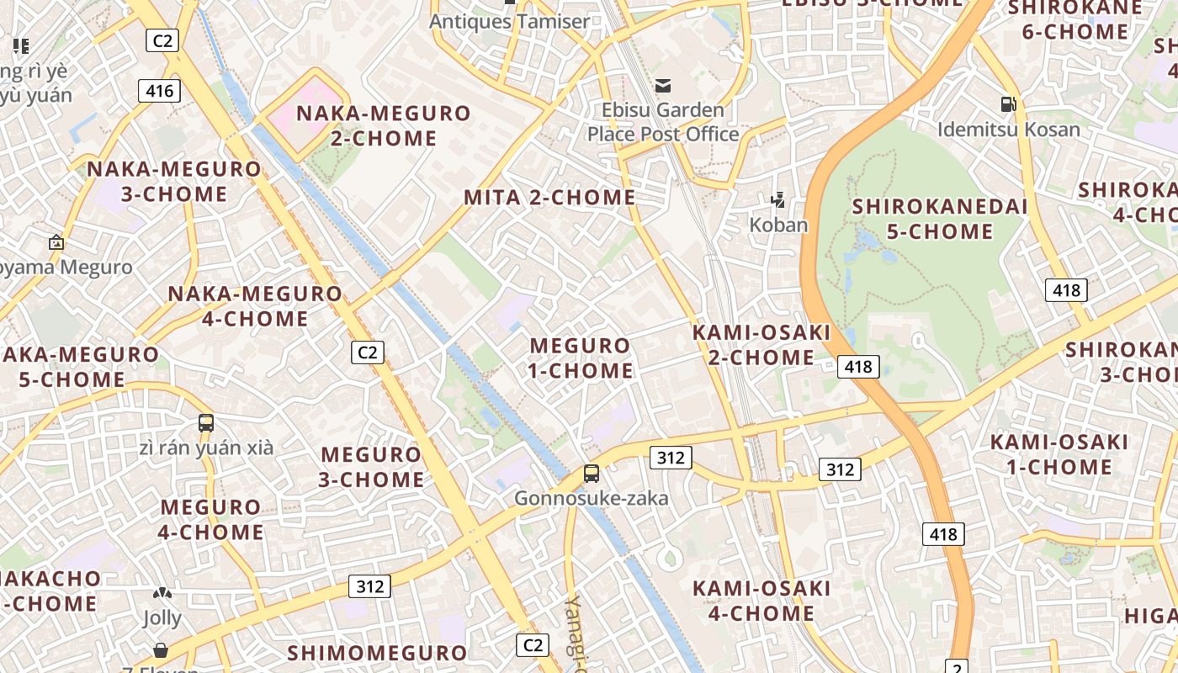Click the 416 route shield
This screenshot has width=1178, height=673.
(159, 91)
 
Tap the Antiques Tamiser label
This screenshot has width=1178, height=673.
(510, 21)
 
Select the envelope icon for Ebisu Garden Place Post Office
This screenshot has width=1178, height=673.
(663, 85)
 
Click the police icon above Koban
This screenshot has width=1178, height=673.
(778, 200)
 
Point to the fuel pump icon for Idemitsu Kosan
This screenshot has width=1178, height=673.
(1008, 104)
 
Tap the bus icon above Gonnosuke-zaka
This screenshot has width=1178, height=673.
(592, 474)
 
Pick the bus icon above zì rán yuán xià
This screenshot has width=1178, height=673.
(206, 422)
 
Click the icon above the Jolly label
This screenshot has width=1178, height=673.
(162, 593)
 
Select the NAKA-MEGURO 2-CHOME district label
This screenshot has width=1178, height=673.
(384, 125)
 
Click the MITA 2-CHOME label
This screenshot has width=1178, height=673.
(549, 198)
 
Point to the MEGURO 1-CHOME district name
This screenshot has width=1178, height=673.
(581, 358)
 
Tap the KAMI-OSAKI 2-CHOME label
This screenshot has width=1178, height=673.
(761, 345)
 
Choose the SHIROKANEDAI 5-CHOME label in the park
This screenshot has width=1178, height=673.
(940, 219)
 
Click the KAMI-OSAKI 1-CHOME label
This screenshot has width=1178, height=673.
(1059, 454)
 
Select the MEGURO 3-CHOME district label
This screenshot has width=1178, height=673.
(372, 467)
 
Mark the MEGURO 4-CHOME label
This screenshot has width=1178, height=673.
(211, 520)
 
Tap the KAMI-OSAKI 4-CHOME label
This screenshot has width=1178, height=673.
(761, 601)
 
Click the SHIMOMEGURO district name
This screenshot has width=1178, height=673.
(377, 653)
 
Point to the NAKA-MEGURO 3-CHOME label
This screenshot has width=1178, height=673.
(174, 182)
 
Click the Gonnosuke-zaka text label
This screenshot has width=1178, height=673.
(592, 498)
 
